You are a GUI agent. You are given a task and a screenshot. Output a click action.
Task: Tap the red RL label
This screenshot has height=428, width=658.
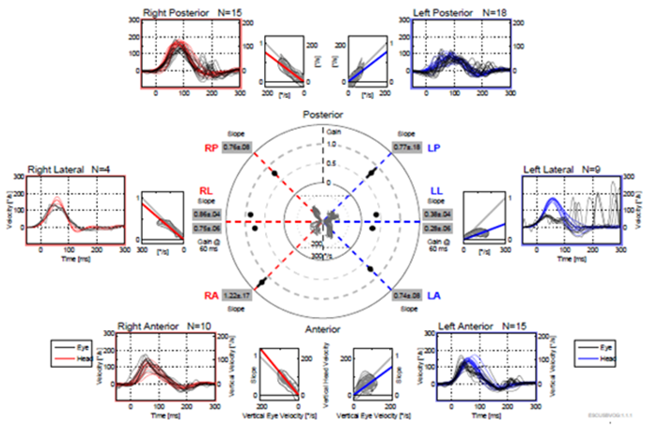click(208, 192)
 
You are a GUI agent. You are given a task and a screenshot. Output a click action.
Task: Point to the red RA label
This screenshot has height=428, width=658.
click(211, 295)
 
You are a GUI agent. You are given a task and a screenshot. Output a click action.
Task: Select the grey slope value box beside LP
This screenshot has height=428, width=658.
click(405, 148)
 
